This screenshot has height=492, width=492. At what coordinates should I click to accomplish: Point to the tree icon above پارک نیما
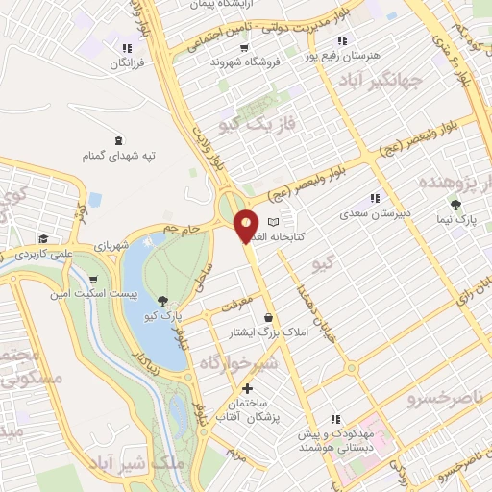(x=455, y=204)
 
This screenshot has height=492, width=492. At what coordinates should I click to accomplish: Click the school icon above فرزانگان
(x=126, y=47)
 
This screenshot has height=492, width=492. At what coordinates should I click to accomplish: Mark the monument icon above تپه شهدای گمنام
(x=118, y=140)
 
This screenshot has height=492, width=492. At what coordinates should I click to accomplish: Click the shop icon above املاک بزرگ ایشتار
(x=267, y=317)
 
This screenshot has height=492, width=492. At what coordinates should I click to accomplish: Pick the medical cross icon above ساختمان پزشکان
(x=248, y=388)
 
